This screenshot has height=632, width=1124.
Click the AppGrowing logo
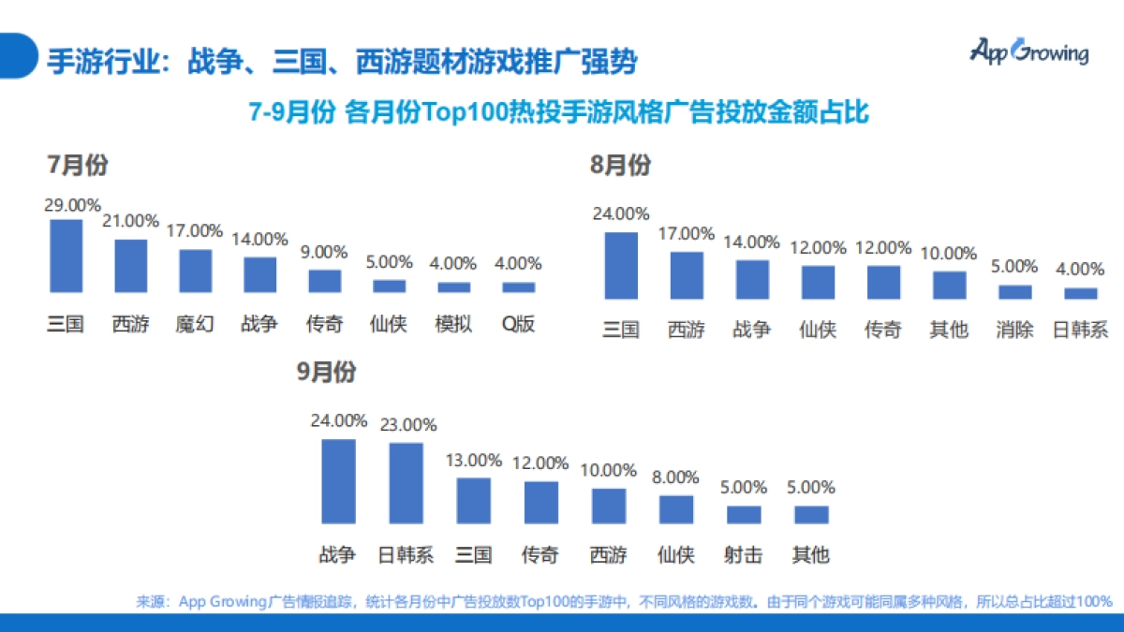[x=1028, y=51]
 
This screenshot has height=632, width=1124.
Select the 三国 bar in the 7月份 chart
[x=66, y=257]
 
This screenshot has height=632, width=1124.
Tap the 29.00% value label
[x=72, y=205]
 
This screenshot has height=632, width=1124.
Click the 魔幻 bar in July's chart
[x=195, y=272]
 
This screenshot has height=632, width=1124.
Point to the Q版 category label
[x=518, y=325]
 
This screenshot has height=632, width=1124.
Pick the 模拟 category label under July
[x=453, y=325]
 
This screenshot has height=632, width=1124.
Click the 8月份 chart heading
[x=619, y=166]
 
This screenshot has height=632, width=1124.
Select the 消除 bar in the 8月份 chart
[x=1014, y=292]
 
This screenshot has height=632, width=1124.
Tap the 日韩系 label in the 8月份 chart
[x=1080, y=330]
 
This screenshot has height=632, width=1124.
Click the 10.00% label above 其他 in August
[x=948, y=253]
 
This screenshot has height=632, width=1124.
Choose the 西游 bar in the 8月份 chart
[x=686, y=275]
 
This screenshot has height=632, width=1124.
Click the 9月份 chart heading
[x=326, y=372]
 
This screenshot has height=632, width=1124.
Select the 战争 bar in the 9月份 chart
[x=338, y=481]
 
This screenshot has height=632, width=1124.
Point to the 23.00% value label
[x=407, y=424]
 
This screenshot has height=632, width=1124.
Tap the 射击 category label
[x=744, y=554]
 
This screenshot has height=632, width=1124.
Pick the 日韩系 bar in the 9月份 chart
[x=406, y=483]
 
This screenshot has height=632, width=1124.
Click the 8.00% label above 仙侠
[x=676, y=477]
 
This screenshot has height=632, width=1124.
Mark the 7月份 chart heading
[x=78, y=166]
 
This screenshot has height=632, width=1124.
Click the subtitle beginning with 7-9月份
[x=559, y=112]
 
